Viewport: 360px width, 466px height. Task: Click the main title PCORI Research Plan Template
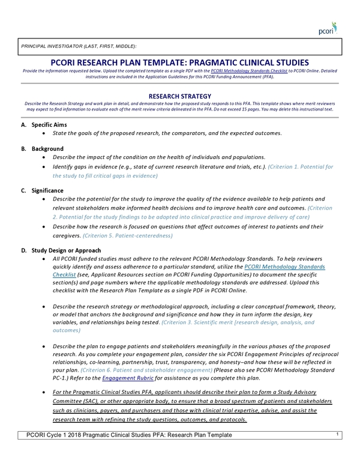[180, 62]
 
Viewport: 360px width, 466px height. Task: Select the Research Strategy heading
[180, 96]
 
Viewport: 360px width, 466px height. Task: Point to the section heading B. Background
[42, 148]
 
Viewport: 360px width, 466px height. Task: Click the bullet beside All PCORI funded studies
[45, 257]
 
